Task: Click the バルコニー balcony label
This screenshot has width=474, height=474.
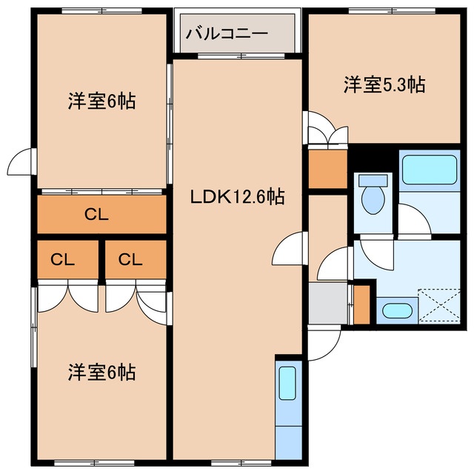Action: click(227, 33)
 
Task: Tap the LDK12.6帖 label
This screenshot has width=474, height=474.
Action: click(237, 196)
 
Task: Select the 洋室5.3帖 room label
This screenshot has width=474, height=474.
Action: click(384, 84)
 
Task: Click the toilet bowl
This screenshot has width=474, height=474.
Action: click(373, 200)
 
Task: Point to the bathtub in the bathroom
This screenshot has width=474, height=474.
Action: click(430, 170)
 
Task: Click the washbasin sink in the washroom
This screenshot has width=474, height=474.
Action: click(397, 311)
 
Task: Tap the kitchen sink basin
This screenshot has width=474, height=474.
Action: click(287, 383)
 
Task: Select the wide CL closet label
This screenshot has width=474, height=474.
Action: click(96, 215)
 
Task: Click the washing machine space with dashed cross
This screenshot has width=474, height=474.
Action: click(439, 305)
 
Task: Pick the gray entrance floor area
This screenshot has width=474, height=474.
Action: click(327, 303)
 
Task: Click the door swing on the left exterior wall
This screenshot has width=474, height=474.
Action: click(20, 161)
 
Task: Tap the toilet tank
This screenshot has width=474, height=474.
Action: click(373, 181)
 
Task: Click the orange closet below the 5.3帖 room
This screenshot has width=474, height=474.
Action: click(327, 169)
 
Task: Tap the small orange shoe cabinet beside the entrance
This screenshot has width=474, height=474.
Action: click(362, 304)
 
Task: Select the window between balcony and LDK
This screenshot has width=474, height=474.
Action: click(241, 56)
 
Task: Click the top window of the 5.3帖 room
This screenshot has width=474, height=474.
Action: click(392, 11)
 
